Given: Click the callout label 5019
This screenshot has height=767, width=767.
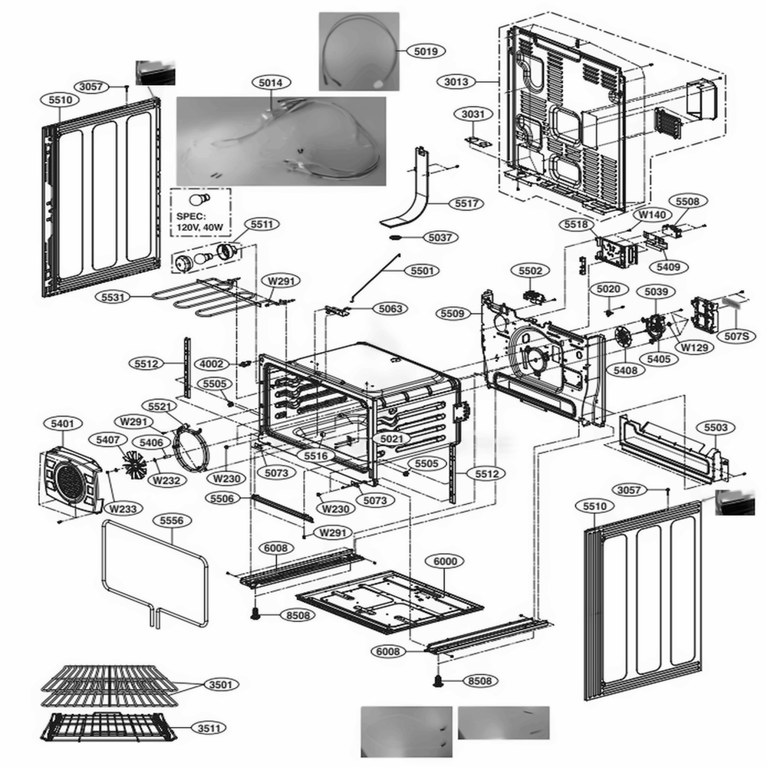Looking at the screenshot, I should click(x=426, y=51).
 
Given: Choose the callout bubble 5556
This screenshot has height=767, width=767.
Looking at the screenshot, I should click(x=172, y=520).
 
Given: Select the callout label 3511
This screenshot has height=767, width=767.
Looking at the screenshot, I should click(x=205, y=727).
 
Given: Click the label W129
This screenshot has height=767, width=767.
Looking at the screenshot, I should click(x=692, y=347).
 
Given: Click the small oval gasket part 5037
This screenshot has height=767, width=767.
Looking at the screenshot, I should click(x=396, y=238).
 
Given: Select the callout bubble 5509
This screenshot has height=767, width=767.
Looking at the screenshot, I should click(x=453, y=313).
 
